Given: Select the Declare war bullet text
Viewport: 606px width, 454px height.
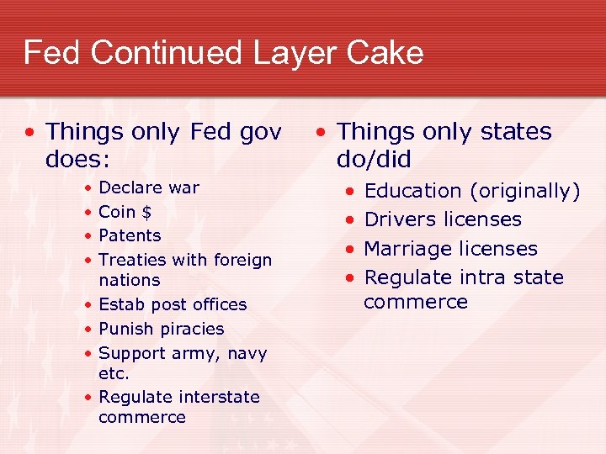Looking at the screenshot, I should point(149,187).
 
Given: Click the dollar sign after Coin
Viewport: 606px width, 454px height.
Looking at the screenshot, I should point(146,212).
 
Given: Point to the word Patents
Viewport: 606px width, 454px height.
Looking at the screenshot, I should point(130,235).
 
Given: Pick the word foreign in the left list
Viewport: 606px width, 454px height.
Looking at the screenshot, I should point(242,261).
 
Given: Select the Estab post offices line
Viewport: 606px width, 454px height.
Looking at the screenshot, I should point(173,304).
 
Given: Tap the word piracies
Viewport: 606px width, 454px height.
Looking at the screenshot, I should point(192,329).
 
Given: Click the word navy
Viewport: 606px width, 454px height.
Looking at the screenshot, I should point(246,353).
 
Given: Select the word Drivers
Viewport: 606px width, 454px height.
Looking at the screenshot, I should point(397,219).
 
